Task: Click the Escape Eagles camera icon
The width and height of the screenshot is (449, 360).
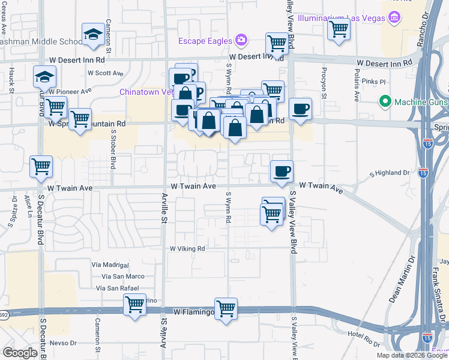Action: [x=241, y=40]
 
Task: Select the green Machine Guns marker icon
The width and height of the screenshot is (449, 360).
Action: [x=385, y=102]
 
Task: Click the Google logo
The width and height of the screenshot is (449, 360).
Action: [x=20, y=353]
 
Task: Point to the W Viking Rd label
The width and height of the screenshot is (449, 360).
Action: [x=187, y=248]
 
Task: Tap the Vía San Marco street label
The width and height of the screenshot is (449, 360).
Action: [x=123, y=276]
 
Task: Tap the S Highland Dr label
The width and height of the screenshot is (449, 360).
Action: [x=390, y=173]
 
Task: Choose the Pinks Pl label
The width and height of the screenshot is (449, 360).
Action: [x=373, y=81]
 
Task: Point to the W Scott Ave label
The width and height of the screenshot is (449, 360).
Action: [x=106, y=73]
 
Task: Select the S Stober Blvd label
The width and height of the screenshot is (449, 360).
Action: [x=112, y=151]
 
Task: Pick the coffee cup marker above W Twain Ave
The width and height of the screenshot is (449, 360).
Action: [x=282, y=172]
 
